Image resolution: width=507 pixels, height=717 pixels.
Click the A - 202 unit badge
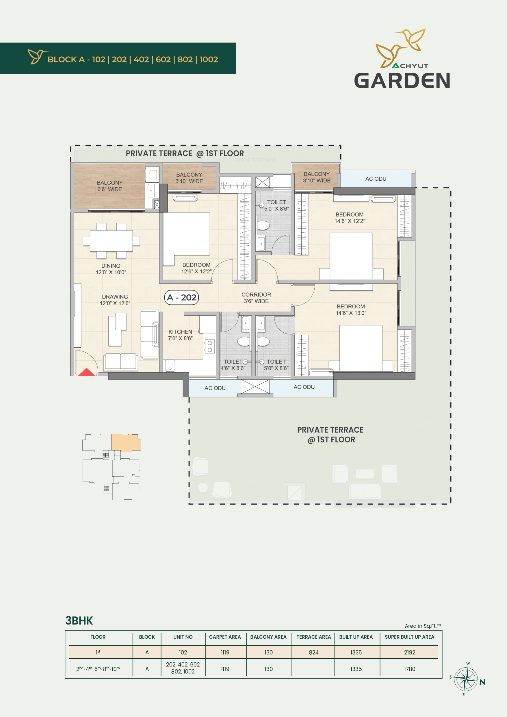coord(181,297)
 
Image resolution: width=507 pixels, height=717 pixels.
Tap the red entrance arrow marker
coord(86,372)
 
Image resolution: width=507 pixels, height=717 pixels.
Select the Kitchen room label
coord(181,335)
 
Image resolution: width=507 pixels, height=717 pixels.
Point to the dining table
coord(111,241)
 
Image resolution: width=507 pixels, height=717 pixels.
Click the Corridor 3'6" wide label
coord(256,298)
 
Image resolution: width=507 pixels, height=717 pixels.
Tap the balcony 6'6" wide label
coord(109,186)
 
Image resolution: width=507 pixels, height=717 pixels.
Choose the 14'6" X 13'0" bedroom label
coord(351,310)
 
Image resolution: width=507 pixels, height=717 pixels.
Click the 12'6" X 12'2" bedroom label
coord(196,268)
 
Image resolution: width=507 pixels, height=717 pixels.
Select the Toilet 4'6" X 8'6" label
coord(233,365)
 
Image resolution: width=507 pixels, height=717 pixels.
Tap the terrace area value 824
coord(313,652)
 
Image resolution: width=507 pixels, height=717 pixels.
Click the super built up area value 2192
coord(409,652)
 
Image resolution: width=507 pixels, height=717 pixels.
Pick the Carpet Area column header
coord(225,637)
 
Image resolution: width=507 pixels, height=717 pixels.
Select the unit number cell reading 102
coord(183,652)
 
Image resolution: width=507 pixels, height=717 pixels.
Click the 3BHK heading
coord(79,620)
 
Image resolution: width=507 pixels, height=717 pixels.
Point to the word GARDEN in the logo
coord(402,81)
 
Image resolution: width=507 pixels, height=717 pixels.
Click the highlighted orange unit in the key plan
coord(126,442)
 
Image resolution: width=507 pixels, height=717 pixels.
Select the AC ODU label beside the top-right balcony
coord(376,179)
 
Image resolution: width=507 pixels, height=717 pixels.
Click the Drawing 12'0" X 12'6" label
coord(115,300)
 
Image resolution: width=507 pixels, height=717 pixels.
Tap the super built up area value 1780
coord(409,669)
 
